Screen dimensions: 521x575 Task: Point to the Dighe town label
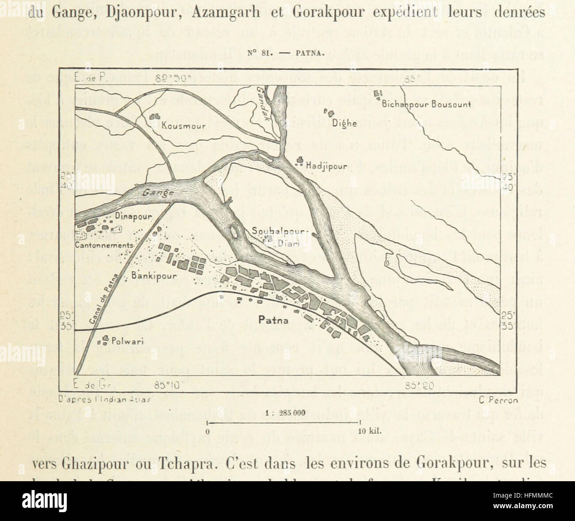(x=345, y=123)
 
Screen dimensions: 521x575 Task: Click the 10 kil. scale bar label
(x=368, y=430)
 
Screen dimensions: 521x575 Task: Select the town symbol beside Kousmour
(x=155, y=116)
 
